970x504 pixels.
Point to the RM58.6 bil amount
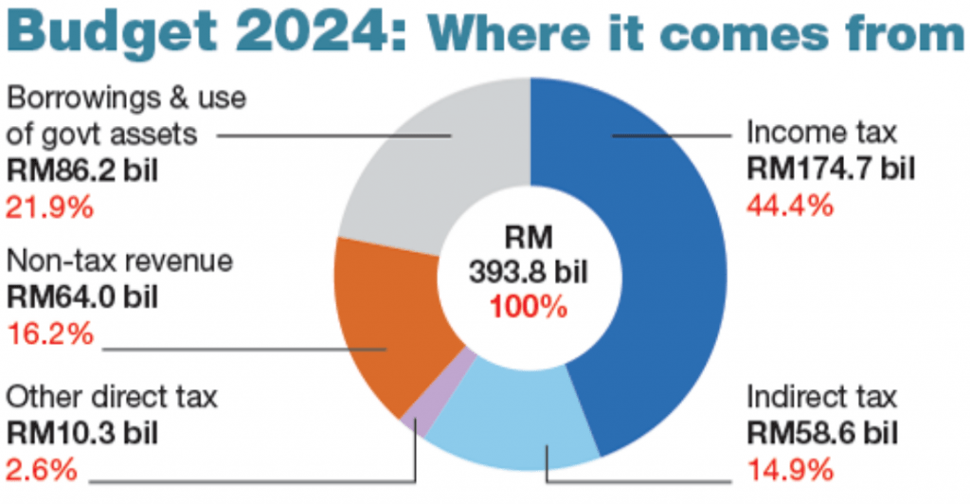tap(821, 433)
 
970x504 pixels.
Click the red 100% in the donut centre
tap(530, 307)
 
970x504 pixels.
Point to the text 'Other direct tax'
tap(112, 396)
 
